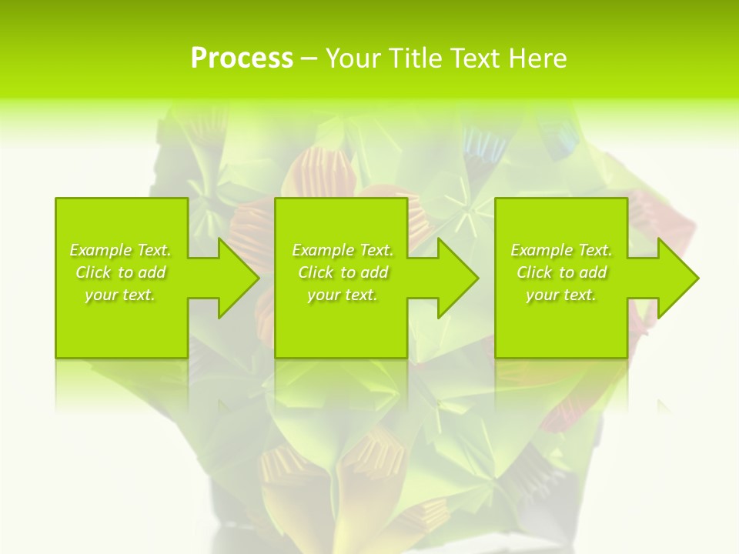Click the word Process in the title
pos(242,58)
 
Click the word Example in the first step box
pos(100,250)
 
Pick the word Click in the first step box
pos(94,272)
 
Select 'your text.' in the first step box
pos(120,295)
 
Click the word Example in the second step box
pos(323,250)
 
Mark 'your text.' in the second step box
pos(343,295)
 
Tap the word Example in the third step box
pos(541,250)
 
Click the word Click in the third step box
pos(535,272)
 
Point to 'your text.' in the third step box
pos(561,295)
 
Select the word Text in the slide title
pos(473,58)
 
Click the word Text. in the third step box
pos(594,250)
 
